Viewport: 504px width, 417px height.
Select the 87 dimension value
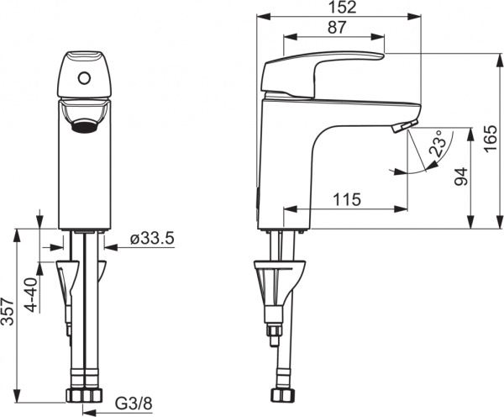(x=326, y=28)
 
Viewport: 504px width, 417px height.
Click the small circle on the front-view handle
(x=83, y=80)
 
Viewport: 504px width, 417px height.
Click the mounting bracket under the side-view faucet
(x=278, y=282)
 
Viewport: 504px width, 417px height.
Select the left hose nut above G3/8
(x=73, y=395)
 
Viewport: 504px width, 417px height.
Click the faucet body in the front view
(x=84, y=177)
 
